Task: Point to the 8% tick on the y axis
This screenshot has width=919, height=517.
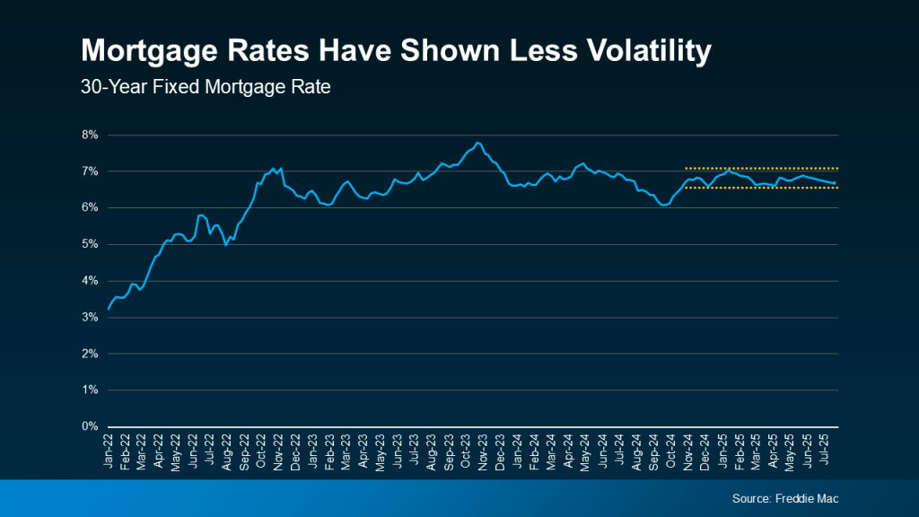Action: (90, 135)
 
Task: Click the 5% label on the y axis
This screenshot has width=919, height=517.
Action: (90, 244)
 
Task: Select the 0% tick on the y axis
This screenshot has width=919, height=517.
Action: (90, 426)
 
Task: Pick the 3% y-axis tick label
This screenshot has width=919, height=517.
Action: (90, 317)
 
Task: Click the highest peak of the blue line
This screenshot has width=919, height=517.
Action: (477, 143)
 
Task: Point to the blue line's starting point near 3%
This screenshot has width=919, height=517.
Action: (109, 309)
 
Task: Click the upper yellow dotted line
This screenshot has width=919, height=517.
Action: (763, 168)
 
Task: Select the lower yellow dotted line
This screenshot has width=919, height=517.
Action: (763, 188)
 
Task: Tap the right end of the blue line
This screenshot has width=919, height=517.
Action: (836, 183)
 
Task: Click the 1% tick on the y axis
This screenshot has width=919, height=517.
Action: (90, 390)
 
